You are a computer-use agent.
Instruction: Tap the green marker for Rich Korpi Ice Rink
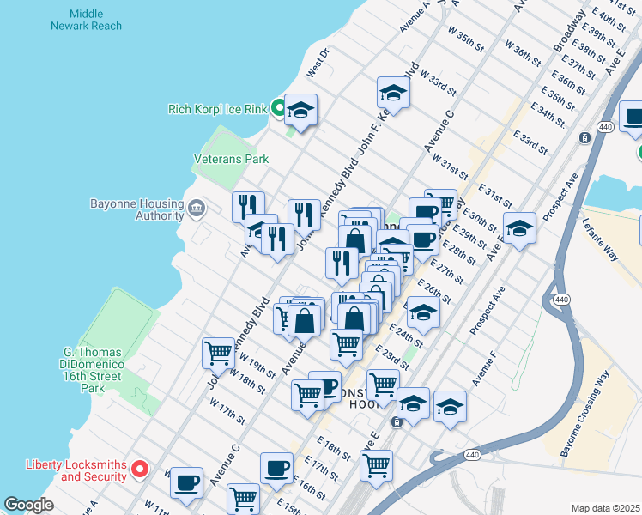278,108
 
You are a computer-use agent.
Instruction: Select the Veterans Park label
231,159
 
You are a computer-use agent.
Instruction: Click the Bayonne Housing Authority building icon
196,207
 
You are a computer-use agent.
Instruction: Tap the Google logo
29,505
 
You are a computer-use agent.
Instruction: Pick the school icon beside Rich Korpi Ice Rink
301,110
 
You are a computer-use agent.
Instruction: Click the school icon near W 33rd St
393,93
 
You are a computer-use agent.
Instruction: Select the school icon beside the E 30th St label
519,228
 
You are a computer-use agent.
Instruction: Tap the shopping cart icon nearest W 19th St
218,352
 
